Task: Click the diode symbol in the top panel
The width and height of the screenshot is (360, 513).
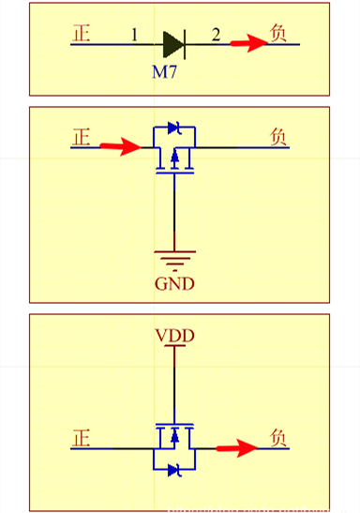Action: coord(172,43)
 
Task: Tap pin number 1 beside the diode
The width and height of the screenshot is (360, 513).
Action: coord(134,36)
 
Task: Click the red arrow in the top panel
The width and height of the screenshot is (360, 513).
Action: coord(248,43)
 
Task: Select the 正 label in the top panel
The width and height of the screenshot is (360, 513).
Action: coord(82,33)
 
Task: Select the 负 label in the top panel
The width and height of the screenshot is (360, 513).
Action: coord(278,33)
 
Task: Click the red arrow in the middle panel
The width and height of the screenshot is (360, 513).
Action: coord(119,146)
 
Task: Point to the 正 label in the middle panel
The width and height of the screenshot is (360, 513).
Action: coord(82,137)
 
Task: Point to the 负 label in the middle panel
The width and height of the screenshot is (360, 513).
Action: coord(278,137)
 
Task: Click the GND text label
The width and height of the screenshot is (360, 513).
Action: coord(174,283)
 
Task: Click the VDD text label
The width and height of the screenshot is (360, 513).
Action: coord(173,335)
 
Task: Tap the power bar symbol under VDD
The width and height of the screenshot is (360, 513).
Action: coord(173,347)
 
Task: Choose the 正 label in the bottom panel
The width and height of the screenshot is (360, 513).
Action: coord(82,438)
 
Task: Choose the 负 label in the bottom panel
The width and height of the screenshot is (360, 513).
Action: coord(278,438)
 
